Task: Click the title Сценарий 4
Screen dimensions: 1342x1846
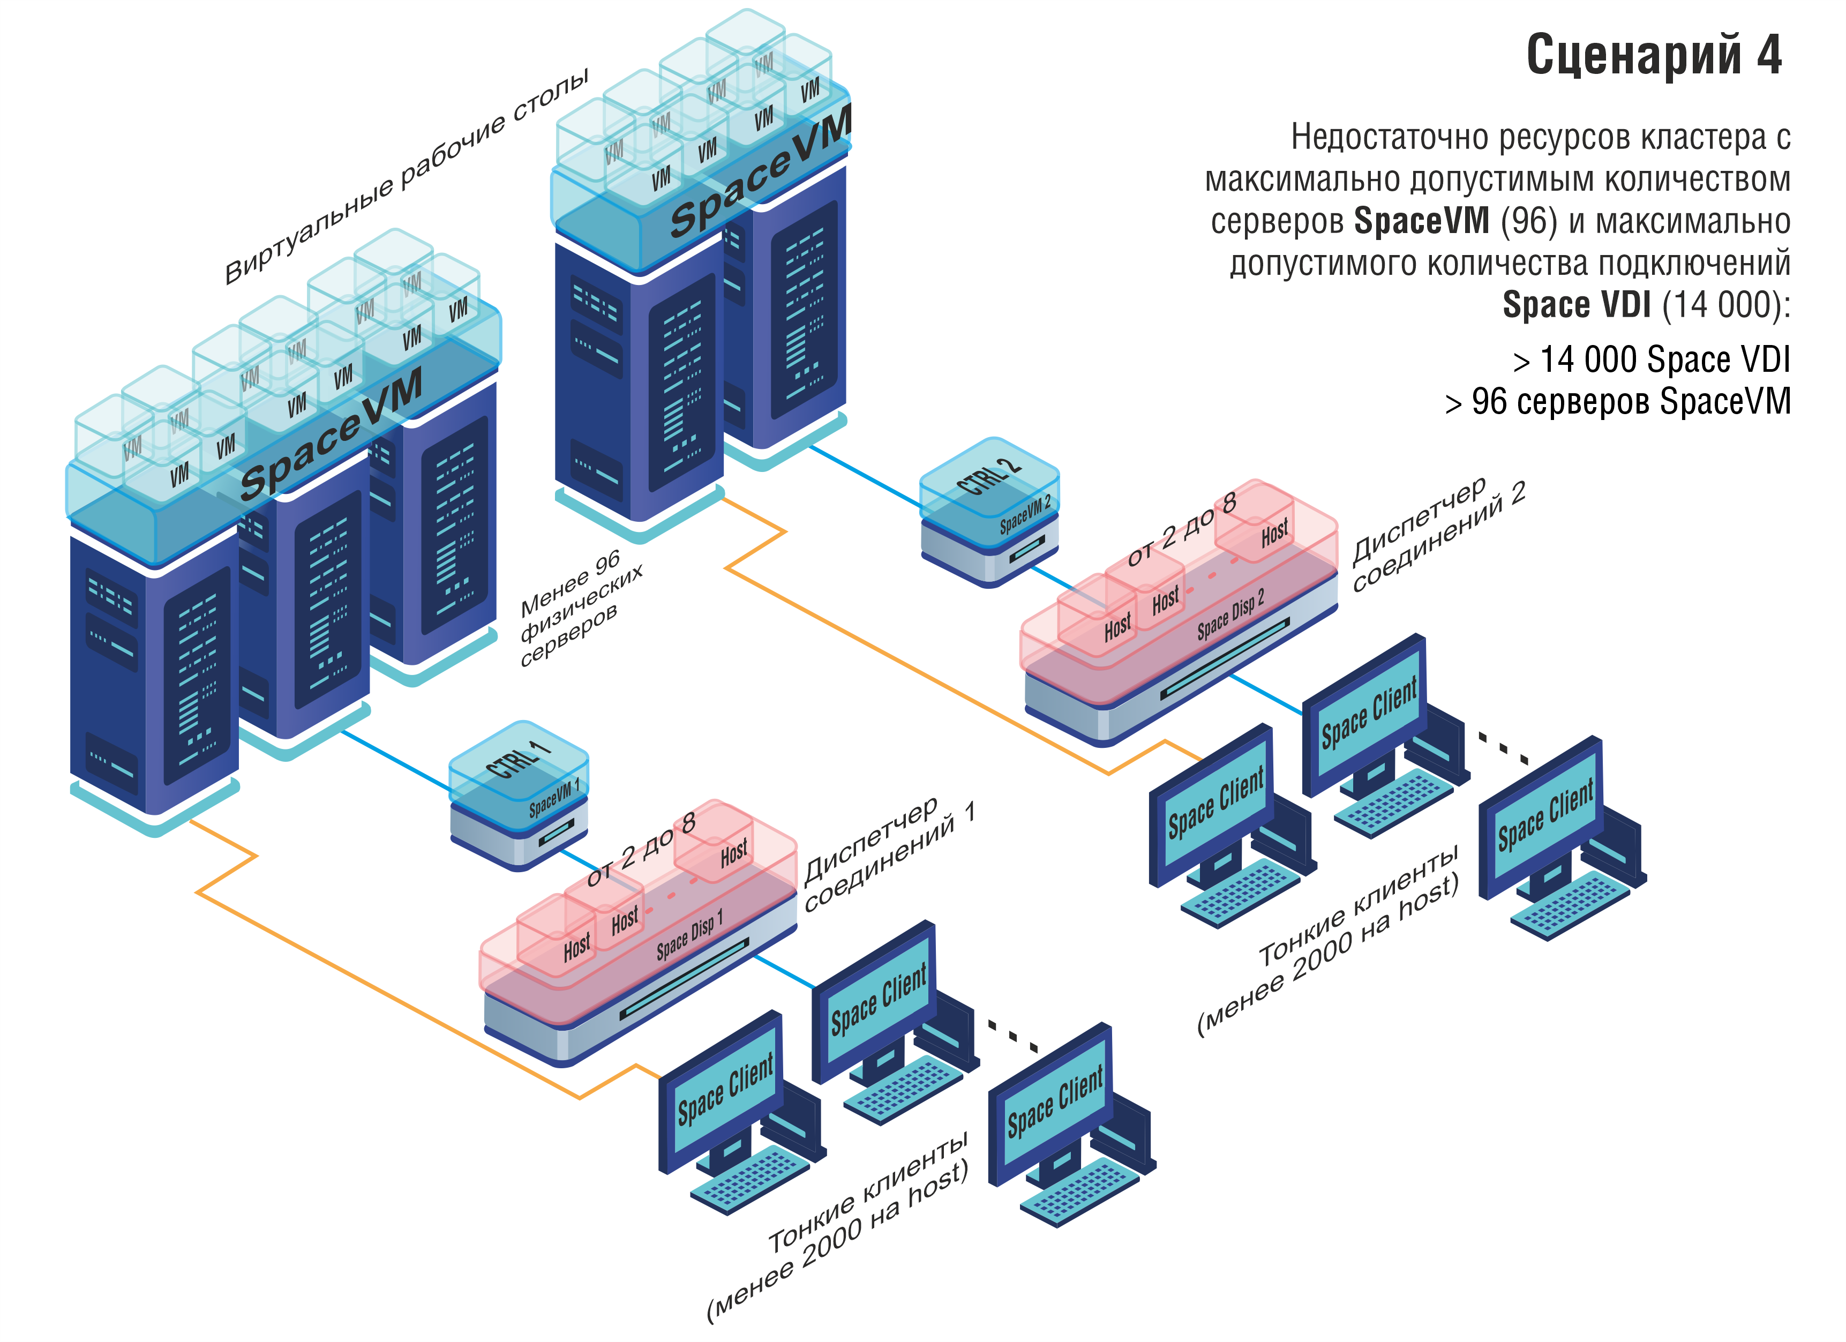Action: click(1653, 55)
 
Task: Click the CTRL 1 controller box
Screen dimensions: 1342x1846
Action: click(519, 793)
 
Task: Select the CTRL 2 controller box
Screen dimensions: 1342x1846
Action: click(989, 509)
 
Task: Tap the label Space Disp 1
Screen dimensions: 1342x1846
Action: click(688, 936)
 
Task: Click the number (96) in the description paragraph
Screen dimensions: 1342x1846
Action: click(1528, 221)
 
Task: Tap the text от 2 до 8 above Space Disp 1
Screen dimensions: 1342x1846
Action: click(641, 848)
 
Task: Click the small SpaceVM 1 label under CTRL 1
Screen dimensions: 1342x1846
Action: click(554, 798)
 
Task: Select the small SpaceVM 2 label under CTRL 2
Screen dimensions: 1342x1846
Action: click(1025, 514)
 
